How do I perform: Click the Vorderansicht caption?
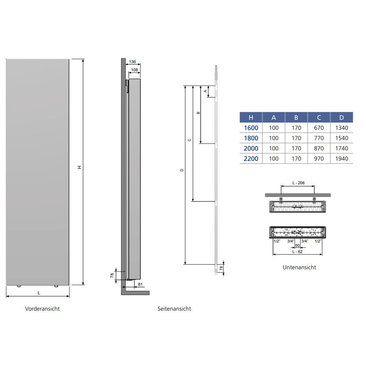pyautogui.click(x=42, y=309)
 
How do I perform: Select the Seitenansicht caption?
pyautogui.click(x=174, y=309)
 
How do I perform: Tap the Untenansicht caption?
pyautogui.click(x=299, y=267)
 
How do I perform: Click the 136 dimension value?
pyautogui.click(x=132, y=62)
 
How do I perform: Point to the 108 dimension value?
pyautogui.click(x=134, y=70)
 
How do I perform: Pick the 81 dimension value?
pyautogui.click(x=140, y=284)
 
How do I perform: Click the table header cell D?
pyautogui.click(x=342, y=117)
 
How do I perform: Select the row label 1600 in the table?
pyautogui.click(x=251, y=128)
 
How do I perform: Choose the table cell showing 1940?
pyautogui.click(x=342, y=159)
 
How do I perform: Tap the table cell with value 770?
pyautogui.click(x=319, y=138)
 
